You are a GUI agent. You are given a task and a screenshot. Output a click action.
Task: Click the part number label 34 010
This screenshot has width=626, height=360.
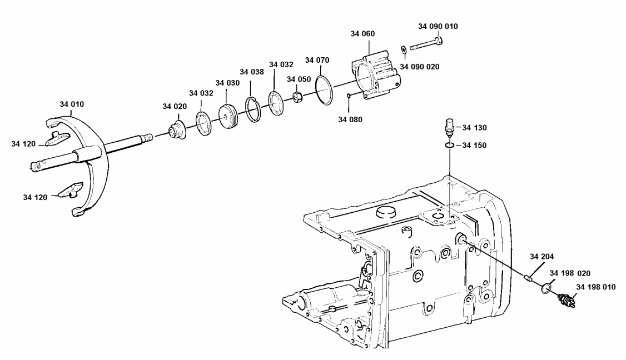tap(73, 104)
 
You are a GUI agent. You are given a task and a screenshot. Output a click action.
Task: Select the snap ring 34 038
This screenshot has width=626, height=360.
tap(253, 109)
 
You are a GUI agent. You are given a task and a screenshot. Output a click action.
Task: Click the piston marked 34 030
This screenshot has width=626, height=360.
tap(228, 116)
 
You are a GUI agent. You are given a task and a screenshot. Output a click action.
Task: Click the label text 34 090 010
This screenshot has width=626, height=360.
tap(438, 26)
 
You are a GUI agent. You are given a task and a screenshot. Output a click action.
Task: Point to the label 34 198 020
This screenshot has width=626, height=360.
tap(570, 273)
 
